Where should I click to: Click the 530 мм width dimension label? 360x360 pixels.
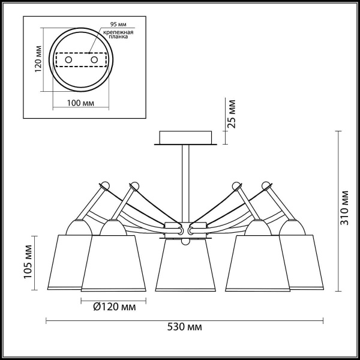pyautogui.click(x=184, y=327)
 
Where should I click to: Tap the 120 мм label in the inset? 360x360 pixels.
pyautogui.click(x=37, y=59)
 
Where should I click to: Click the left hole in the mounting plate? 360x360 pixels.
pyautogui.click(x=68, y=60)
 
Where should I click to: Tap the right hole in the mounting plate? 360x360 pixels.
pyautogui.click(x=94, y=60)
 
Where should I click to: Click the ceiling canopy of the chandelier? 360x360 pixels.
pyautogui.click(x=185, y=138)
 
